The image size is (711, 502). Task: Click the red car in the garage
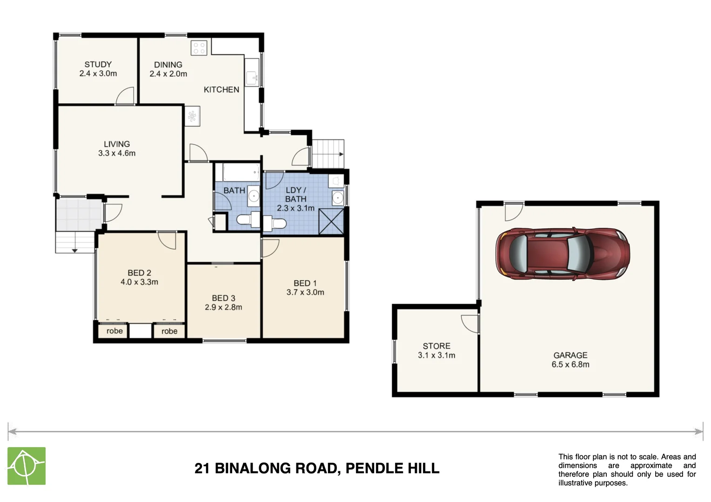click(x=562, y=254)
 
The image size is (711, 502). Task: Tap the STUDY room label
click(x=98, y=65)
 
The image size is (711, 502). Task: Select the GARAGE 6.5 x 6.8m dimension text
click(x=570, y=364)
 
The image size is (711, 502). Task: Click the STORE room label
click(x=436, y=346)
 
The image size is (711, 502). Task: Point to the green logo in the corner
click(x=27, y=466)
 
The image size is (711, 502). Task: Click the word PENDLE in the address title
click(x=374, y=468)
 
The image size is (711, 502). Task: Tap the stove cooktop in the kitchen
click(x=199, y=47)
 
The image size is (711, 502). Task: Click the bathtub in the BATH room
click(x=241, y=172)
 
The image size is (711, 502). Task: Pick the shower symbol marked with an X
click(x=331, y=222)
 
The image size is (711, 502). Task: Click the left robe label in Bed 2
click(x=114, y=331)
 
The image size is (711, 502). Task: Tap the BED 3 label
click(x=223, y=298)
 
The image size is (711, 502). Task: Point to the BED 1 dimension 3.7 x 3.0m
click(x=305, y=292)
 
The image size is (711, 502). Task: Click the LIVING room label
click(x=117, y=144)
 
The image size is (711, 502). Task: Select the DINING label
click(x=168, y=65)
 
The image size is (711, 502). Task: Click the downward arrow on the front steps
click(x=74, y=251)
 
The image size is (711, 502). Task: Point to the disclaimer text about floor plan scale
click(x=627, y=469)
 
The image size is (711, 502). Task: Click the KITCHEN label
click(x=221, y=90)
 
